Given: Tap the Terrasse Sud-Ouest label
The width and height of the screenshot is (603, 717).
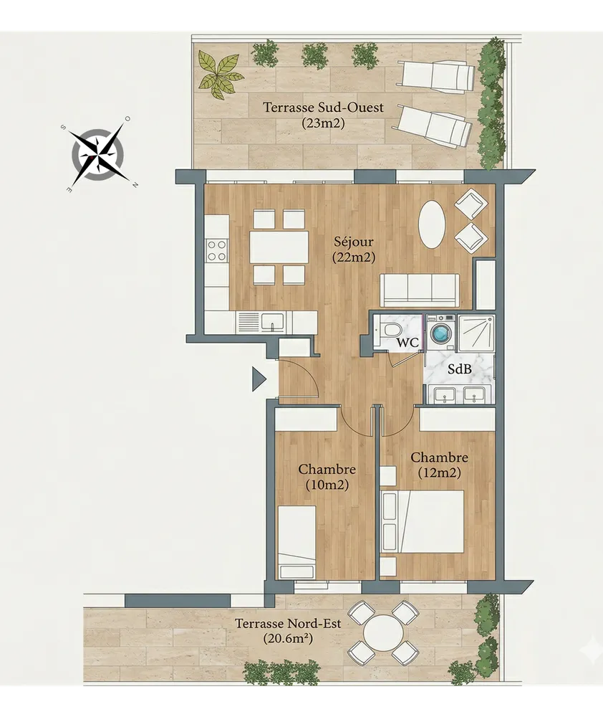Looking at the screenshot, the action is coord(323,115).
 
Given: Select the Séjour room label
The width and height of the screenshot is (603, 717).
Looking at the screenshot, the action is coord(354,250).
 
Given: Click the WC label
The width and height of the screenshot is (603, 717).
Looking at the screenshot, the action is coord(407,342).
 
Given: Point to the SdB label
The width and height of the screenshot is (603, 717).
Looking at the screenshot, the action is coord(459,369).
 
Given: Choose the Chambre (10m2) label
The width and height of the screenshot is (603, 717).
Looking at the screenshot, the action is coord(327,477).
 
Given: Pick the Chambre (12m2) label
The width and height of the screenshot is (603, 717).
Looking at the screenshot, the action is coord(440,465).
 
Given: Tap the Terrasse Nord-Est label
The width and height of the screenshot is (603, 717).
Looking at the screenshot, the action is coord(288,630).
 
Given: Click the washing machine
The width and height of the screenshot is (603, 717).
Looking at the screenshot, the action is coord(441,333).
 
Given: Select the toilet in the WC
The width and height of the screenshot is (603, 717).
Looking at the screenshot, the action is coord(390,329).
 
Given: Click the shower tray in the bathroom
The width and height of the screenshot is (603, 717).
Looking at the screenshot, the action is coord(476,333).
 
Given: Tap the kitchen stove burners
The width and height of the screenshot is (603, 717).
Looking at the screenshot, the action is coord(216,250).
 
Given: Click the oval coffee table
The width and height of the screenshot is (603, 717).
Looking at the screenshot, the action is coord(432,224).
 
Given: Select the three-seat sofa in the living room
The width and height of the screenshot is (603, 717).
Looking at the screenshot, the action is coord(420,290).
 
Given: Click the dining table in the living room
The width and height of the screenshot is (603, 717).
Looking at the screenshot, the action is coord(279,247).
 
